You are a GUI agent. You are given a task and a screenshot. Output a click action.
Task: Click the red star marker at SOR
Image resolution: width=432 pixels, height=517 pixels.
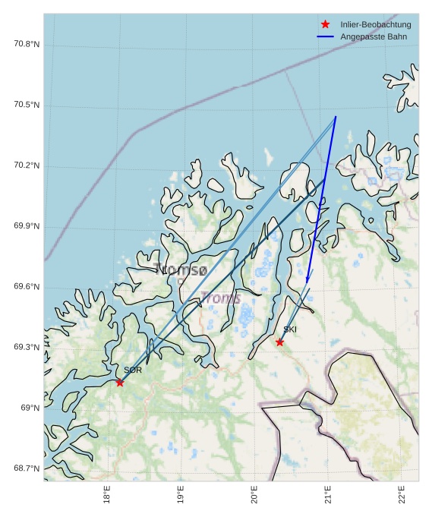coord(120,382)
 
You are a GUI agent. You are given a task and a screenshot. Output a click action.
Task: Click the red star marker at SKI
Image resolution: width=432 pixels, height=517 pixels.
coord(280,342)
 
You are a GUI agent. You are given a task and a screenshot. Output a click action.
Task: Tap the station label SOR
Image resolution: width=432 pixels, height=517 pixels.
coord(133,370)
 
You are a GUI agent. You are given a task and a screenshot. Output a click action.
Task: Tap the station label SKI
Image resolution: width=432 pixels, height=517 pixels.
coord(290,329)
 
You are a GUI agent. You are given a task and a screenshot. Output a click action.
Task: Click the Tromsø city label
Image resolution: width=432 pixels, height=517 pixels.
coord(180,270)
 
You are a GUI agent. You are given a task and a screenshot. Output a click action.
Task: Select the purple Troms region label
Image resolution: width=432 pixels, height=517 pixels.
coord(221,298)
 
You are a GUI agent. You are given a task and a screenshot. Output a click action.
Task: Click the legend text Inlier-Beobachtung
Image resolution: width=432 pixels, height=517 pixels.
coord(375,24)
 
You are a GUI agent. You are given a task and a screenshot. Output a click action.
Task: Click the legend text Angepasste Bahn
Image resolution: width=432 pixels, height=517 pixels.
coord(373,36)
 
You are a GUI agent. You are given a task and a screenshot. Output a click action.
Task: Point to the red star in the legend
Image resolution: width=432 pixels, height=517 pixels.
coord(326,24)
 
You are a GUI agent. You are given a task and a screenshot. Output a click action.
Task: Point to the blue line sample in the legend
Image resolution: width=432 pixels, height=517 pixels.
coord(326,36)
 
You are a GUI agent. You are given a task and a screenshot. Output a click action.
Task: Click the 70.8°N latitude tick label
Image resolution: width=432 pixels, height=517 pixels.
coord(26,44)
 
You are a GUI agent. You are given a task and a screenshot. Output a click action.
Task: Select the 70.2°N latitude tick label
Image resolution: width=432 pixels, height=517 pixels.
coord(26,166)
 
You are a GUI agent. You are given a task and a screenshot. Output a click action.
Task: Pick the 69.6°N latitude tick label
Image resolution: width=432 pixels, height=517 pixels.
coord(26,287)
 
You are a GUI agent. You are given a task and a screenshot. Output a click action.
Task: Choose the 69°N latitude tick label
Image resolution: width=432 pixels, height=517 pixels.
coord(30,408)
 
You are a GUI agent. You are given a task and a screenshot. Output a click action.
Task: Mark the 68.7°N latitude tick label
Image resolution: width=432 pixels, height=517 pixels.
coord(26,468)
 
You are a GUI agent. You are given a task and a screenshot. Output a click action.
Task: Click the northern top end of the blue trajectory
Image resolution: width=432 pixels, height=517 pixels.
coord(336,117)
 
